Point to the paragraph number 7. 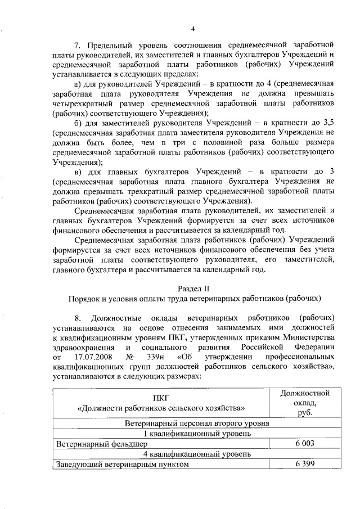tap(78, 44)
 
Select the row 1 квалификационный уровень tap(192, 434)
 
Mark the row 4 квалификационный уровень tap(192, 454)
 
